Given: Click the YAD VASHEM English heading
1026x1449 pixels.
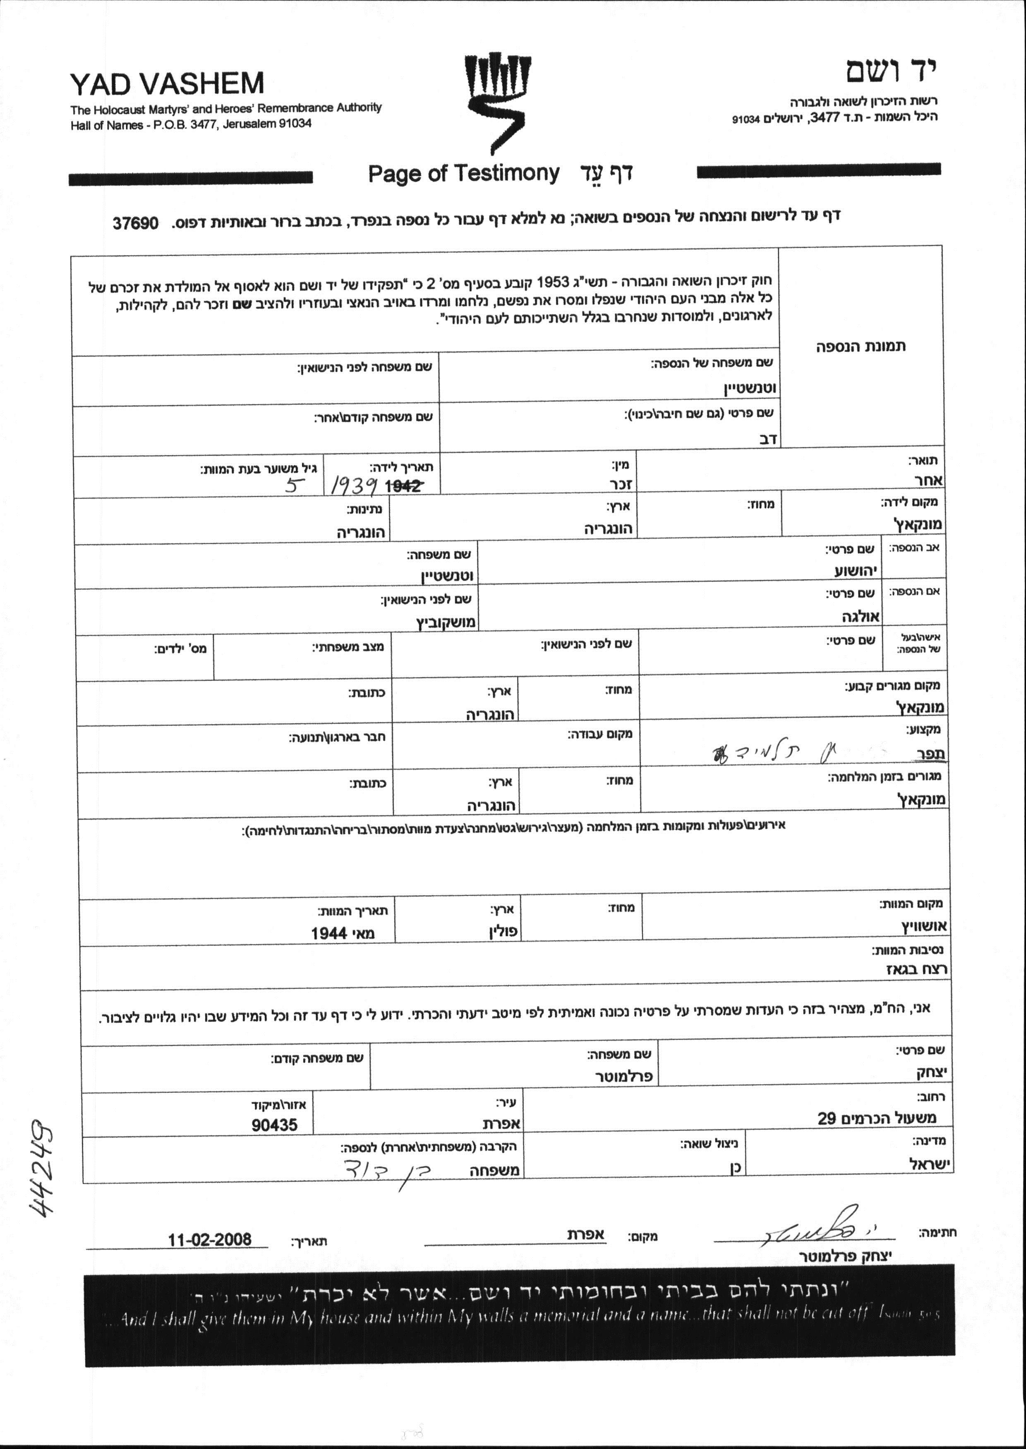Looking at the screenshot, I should click(x=167, y=84).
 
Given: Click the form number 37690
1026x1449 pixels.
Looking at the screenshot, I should click(x=135, y=223).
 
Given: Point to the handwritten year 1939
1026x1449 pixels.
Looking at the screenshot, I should click(x=355, y=485).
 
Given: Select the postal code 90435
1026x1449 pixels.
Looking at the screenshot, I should click(x=274, y=1124).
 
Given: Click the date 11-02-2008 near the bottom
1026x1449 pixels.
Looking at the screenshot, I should click(x=209, y=1239).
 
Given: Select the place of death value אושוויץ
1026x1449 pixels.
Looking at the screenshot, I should click(x=924, y=926).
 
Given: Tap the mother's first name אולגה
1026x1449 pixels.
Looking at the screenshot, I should click(x=861, y=616).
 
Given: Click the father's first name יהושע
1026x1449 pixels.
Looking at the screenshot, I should click(x=857, y=571).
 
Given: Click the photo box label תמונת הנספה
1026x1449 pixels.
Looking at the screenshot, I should click(x=861, y=346).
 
